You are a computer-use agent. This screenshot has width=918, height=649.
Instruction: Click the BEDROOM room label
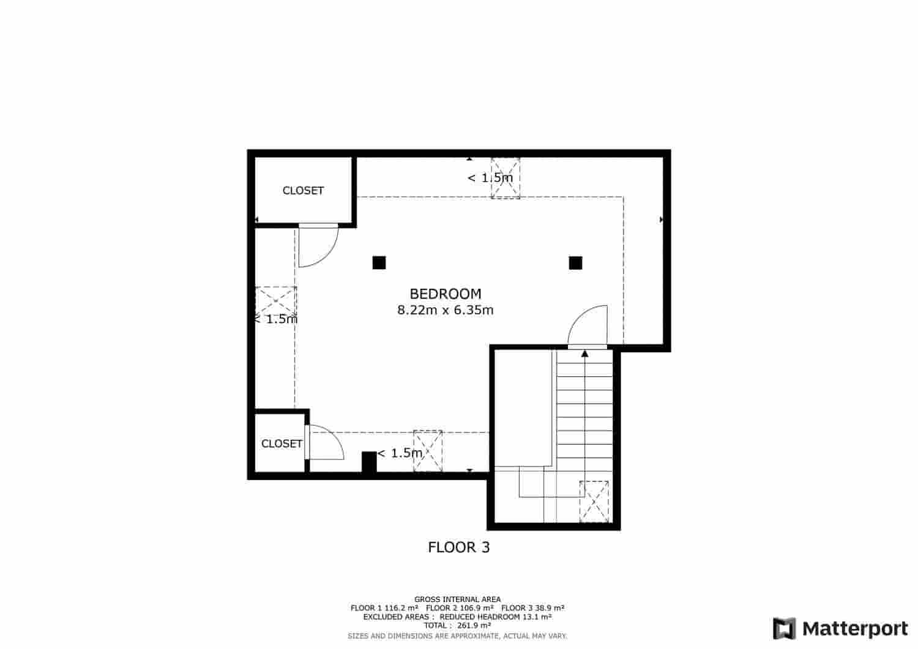click(445, 294)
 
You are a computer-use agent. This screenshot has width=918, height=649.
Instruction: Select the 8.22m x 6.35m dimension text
click(445, 310)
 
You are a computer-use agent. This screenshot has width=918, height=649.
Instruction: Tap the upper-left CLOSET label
click(303, 191)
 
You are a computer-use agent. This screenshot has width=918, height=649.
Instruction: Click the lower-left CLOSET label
click(282, 443)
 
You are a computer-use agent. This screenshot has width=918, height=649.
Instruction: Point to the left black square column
click(379, 263)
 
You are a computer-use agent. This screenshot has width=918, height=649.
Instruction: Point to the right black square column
click(575, 263)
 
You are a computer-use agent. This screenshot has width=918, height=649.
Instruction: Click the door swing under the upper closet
click(317, 246)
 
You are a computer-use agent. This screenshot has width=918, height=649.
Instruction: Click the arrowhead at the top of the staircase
click(584, 353)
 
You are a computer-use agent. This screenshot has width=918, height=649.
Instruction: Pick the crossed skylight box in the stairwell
click(594, 502)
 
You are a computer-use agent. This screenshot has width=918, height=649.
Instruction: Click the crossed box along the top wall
click(506, 178)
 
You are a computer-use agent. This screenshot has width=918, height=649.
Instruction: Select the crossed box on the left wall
click(275, 302)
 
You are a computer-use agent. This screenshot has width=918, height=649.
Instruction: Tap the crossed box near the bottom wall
click(428, 451)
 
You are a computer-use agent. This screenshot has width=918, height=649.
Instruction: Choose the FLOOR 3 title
click(458, 547)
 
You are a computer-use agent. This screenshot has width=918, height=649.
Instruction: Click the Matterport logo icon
click(784, 629)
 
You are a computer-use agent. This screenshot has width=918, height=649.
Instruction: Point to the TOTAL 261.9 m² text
click(457, 626)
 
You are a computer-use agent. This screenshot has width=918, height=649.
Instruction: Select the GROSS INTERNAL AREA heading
click(457, 599)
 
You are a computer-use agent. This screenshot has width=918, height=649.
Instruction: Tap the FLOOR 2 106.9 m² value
click(460, 608)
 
